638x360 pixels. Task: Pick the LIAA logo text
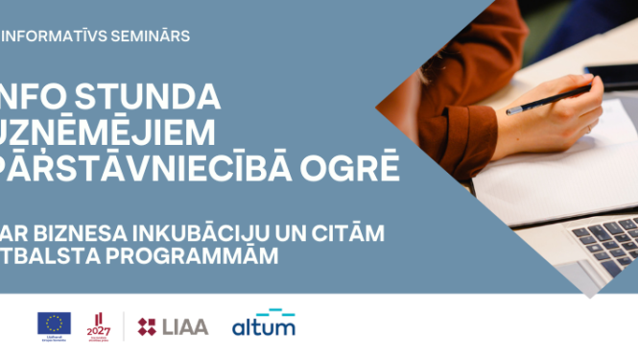point(185,326)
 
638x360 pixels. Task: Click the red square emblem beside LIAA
point(148,326)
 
